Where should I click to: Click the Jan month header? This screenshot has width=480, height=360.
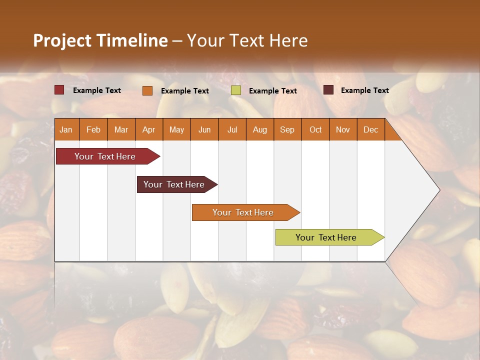(66, 129)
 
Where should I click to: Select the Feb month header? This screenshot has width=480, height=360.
(93, 129)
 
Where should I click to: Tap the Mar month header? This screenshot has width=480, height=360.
(121, 129)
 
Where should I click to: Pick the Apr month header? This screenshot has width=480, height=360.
(149, 129)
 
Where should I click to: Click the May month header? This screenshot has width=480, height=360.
(176, 129)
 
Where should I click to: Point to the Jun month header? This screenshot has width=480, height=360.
(204, 129)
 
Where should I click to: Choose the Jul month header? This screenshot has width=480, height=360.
(232, 129)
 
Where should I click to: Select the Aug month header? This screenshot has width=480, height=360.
(260, 129)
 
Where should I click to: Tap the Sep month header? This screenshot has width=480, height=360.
(287, 129)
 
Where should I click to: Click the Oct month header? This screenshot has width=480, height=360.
(315, 129)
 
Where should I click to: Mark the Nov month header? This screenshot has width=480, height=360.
(343, 129)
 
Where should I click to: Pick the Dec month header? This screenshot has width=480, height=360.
(371, 129)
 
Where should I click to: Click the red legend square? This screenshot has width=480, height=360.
(59, 90)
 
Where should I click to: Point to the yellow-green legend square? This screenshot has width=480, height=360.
(236, 90)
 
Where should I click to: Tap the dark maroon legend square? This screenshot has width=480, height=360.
(328, 90)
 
